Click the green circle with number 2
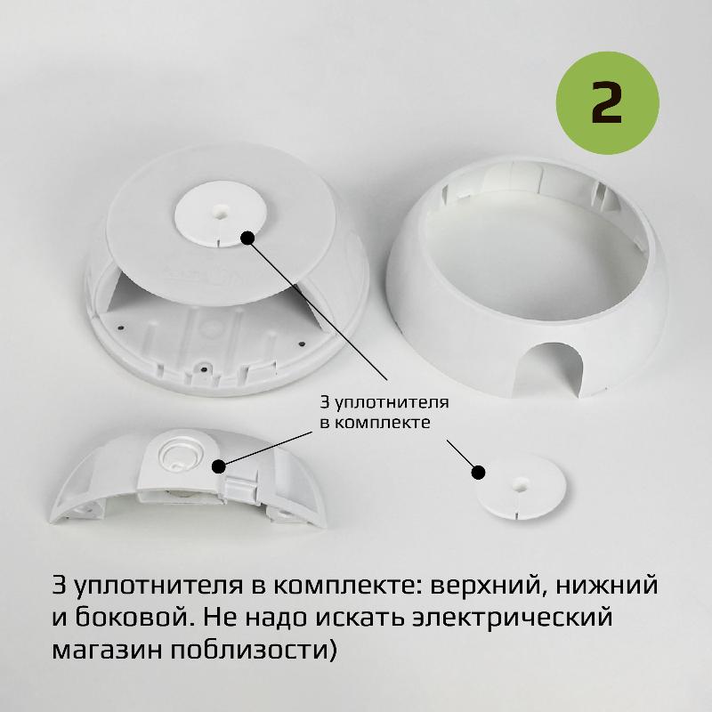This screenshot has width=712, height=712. click(607, 102)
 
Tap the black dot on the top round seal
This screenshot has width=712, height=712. click(247, 238)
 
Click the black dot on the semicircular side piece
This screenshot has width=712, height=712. click(219, 465)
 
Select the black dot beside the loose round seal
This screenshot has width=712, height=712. click(478, 473)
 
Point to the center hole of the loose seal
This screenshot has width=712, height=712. click(519, 483)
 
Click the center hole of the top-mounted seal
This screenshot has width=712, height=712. click(220, 211)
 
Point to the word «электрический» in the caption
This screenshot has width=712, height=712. click(513, 618)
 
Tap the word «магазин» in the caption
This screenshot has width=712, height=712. click(106, 651)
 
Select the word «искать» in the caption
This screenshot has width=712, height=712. click(360, 618)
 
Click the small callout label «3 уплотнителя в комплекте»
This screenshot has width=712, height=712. click(384, 412)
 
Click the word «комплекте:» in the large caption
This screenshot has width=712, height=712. click(346, 586)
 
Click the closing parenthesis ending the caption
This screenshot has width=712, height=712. click(332, 650)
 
